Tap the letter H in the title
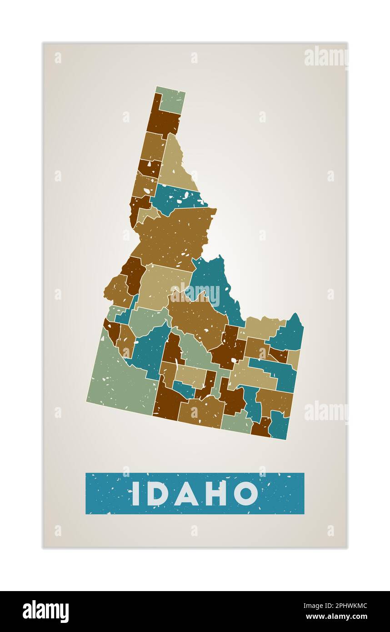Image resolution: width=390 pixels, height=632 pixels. click(x=216, y=493)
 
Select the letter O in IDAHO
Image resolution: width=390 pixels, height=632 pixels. click(x=246, y=493)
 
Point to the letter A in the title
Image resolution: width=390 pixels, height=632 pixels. click(x=187, y=493)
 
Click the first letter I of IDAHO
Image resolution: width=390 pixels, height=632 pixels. click(x=135, y=493)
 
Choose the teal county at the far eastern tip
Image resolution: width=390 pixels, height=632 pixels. click(x=289, y=335)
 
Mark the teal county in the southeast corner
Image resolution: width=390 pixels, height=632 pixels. click(x=278, y=426)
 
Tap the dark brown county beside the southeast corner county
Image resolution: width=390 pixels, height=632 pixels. click(x=261, y=427)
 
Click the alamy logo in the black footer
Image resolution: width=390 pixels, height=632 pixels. click(x=45, y=612)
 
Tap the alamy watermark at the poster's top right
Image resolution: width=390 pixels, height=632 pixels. click(x=326, y=57)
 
